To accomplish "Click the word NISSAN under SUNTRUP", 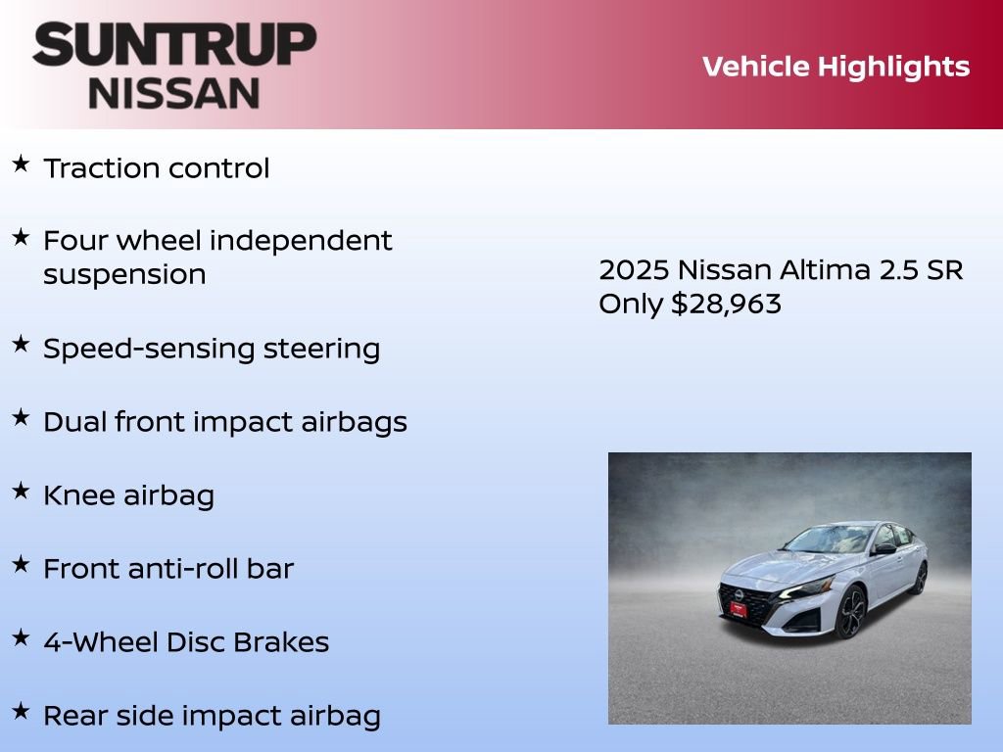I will coord(174,92).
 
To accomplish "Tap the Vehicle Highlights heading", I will coord(836,67).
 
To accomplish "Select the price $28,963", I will coord(726,304).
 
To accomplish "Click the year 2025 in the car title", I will coord(634,270).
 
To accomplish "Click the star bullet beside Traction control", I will coord(21,164).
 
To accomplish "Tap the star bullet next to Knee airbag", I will coord(21,492).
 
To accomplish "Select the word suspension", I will coord(124,274).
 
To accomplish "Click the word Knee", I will coord(79,495).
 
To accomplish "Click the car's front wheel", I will coord(849,613).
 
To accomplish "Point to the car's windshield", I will coord(829,540).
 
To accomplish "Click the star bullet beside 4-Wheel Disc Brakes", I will coord(21,638).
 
